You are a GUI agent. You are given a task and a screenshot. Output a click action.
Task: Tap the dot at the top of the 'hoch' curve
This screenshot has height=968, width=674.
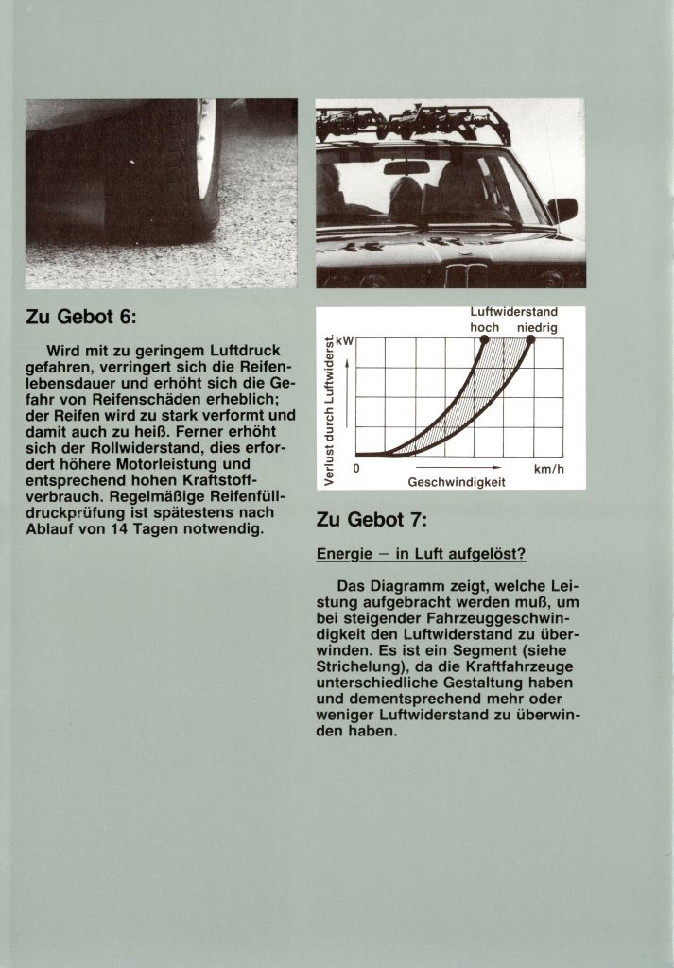click(485, 339)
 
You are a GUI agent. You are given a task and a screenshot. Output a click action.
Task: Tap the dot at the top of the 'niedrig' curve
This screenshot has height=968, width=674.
click(530, 339)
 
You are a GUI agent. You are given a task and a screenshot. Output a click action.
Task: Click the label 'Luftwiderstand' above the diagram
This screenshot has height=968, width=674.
click(513, 312)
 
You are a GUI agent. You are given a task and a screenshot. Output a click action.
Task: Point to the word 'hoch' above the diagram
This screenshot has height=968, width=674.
click(484, 327)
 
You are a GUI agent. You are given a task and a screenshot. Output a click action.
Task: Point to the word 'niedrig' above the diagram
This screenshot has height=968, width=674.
click(537, 327)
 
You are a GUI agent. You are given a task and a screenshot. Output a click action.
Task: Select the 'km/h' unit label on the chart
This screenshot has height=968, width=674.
click(548, 468)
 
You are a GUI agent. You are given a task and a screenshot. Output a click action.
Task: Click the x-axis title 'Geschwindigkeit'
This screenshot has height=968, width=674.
click(457, 482)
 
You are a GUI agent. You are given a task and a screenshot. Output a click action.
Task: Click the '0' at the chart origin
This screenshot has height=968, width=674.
click(356, 468)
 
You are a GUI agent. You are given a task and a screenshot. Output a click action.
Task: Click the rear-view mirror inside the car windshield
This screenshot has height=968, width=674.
click(406, 168)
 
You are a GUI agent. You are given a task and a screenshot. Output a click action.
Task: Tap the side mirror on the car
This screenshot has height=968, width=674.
click(563, 208)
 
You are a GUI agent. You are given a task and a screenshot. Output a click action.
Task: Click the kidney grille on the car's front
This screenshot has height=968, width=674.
click(467, 275)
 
